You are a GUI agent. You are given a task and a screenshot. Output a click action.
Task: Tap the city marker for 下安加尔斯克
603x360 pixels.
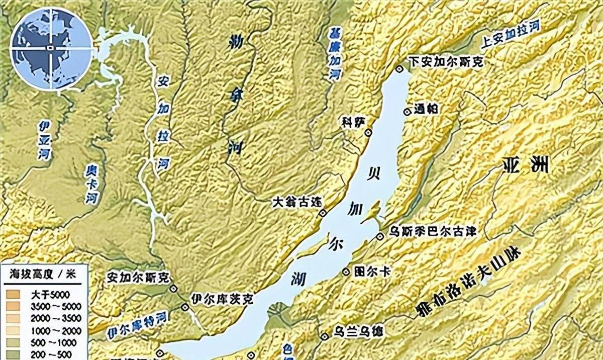tap(399, 69)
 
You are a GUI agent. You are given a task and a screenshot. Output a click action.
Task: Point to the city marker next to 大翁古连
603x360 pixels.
tap(323, 213)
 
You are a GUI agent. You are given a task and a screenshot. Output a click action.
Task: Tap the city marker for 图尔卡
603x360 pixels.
tap(346, 272)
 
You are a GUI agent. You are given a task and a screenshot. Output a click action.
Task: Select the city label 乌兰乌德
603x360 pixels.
tap(358, 334)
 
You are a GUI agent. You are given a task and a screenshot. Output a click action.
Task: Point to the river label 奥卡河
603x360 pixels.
tap(90, 183)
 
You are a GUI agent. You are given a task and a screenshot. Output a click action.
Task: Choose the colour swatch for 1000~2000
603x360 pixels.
tap(14, 330)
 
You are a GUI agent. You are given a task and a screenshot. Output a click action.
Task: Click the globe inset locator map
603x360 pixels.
tap(52, 48)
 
